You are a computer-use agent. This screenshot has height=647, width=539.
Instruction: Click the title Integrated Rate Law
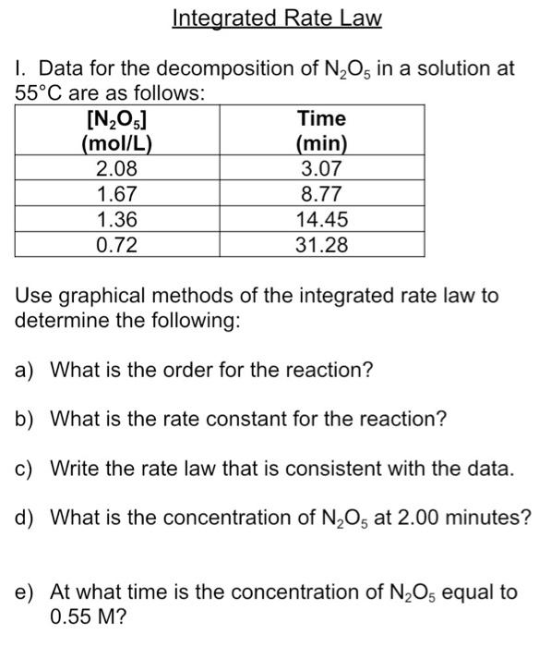tap(277, 18)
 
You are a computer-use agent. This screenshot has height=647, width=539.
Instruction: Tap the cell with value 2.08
tap(117, 169)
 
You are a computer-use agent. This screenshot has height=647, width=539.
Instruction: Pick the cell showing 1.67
tap(117, 194)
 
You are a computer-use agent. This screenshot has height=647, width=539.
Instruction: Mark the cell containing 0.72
tap(117, 244)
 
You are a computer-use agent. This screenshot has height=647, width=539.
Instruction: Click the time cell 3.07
tap(322, 169)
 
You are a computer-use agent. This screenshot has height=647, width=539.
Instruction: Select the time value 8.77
tap(322, 194)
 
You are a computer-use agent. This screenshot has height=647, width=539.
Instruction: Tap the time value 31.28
tap(322, 244)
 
